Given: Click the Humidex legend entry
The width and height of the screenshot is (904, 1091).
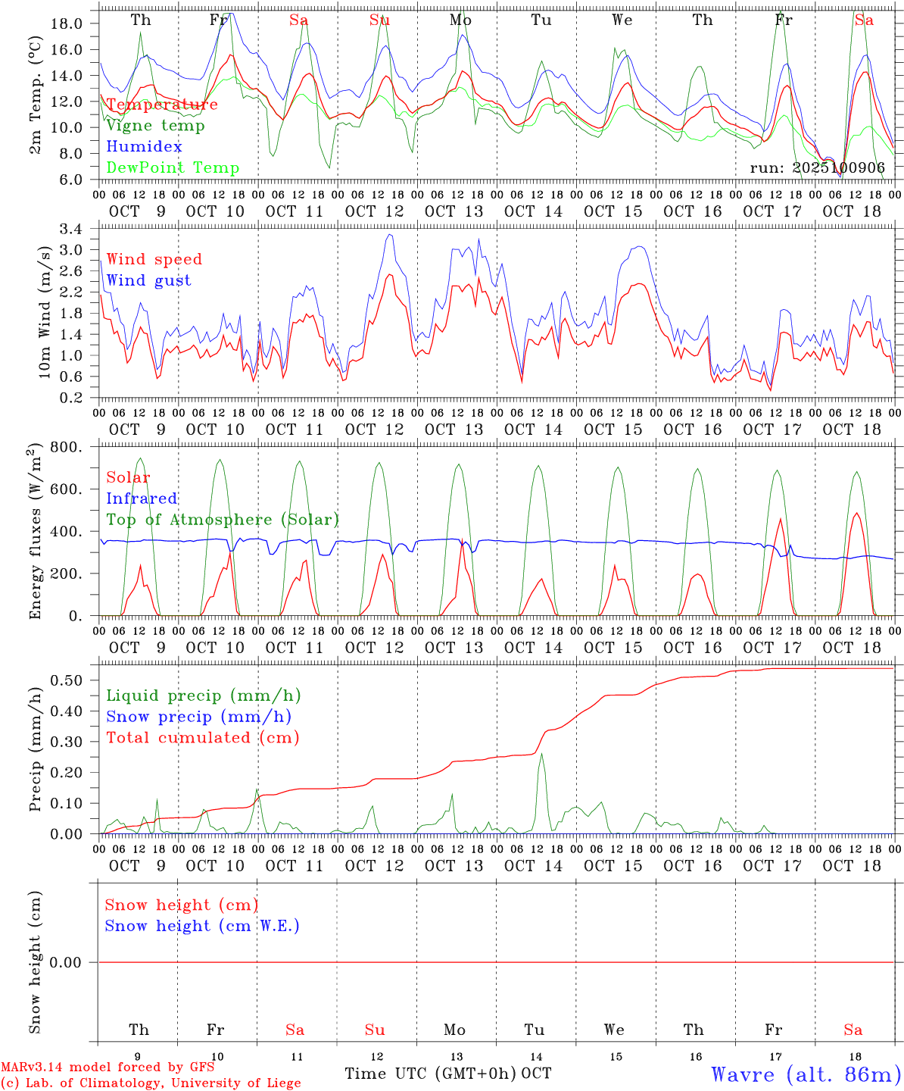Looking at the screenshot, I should click(x=144, y=147).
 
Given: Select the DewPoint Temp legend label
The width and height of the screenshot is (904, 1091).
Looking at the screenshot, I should click(x=173, y=168).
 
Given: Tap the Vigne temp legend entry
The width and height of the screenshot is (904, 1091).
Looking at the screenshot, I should click(x=155, y=126).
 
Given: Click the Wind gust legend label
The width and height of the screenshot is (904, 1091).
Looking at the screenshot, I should click(x=148, y=280).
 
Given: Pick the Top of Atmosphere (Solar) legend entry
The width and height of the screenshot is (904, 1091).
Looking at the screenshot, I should click(x=223, y=520).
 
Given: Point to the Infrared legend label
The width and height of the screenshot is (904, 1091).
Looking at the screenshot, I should click(x=142, y=499).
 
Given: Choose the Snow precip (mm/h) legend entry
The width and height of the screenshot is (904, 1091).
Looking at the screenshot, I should click(x=198, y=717).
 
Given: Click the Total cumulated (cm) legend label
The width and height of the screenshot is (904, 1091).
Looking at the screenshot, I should click(x=203, y=738).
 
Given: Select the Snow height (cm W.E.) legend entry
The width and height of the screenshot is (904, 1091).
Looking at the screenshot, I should click(x=202, y=926).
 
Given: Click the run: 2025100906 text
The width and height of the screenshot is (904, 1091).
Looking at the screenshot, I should click(x=818, y=167).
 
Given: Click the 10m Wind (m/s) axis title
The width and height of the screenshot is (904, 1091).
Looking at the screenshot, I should click(x=44, y=312).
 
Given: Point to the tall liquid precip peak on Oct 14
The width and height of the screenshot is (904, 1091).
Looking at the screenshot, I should click(x=541, y=755).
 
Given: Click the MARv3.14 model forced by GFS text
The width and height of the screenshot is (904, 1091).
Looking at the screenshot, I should click(x=108, y=1068).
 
